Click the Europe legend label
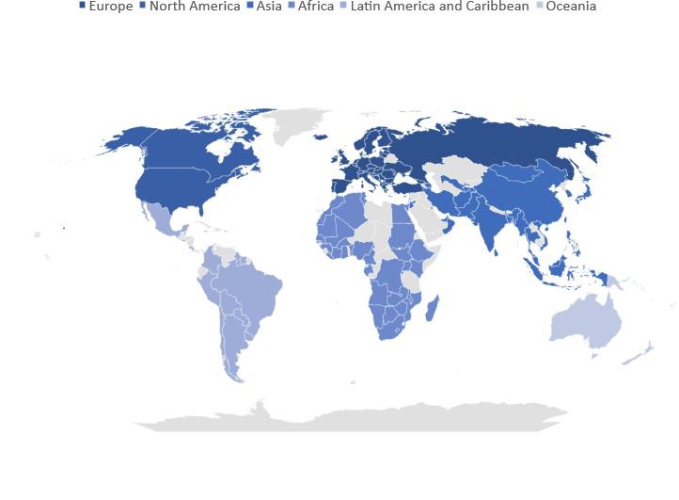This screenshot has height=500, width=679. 110,7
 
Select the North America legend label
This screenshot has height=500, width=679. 194,7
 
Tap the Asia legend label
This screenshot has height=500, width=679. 269,7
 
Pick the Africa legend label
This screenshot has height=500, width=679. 315,7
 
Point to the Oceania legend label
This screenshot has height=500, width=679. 571,7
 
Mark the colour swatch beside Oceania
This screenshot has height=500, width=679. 540,7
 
